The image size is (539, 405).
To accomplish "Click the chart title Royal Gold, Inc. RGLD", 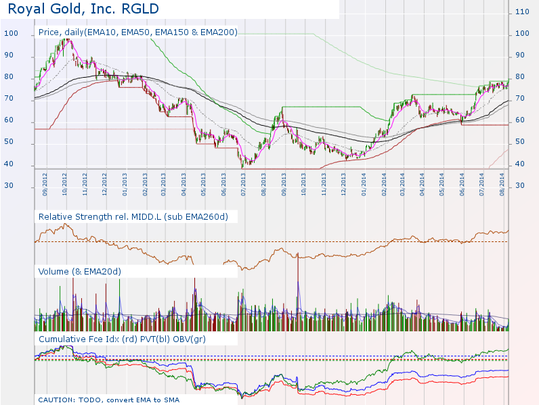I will (84, 9).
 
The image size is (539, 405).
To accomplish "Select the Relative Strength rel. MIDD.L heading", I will (133, 216).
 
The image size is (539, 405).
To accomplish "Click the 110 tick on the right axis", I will (522, 11).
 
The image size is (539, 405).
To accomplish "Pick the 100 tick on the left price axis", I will (12, 34).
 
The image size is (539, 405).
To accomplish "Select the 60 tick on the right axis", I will (522, 120).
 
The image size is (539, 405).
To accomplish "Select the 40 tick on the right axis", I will (522, 164).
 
